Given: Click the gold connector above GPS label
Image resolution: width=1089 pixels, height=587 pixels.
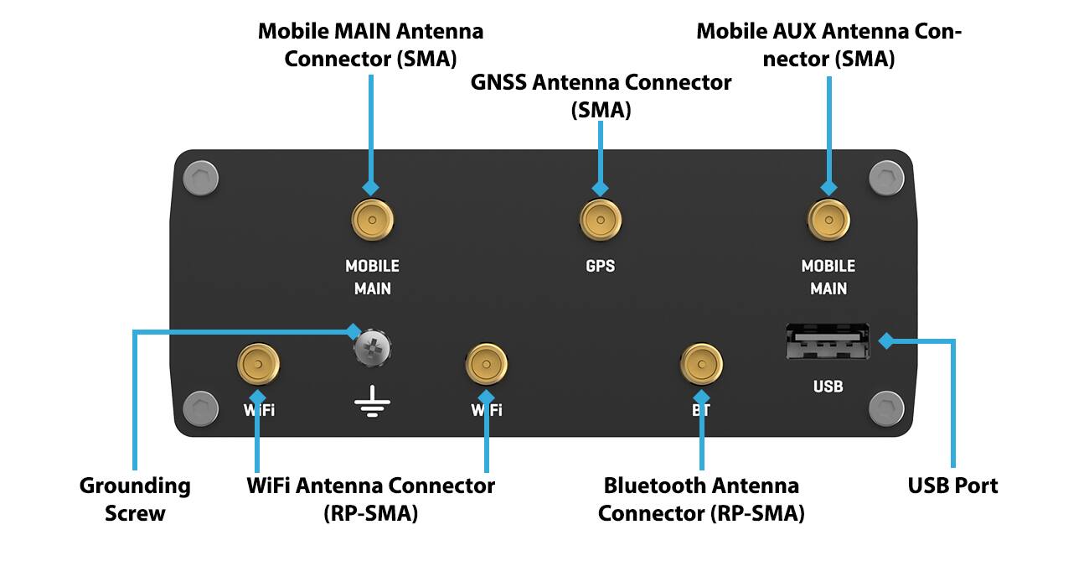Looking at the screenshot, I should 601,221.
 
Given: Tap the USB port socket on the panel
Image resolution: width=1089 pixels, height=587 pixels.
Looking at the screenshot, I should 828,342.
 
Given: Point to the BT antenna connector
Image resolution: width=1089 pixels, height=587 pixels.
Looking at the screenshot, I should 701,365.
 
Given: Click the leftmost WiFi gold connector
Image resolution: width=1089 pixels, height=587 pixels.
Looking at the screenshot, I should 258,365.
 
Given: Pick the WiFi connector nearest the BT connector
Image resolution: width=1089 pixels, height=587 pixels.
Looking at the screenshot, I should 486,365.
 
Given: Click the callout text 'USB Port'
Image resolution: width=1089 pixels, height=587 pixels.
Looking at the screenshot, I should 952,486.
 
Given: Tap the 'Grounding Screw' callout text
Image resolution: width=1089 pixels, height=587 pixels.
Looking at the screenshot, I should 135,499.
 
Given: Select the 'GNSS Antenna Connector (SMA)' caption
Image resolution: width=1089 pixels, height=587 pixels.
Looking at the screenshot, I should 601,96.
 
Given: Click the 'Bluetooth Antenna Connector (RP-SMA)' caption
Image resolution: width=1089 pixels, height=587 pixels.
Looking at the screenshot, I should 701,499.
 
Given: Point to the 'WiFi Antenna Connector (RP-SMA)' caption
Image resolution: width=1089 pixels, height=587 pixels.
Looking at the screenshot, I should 370,499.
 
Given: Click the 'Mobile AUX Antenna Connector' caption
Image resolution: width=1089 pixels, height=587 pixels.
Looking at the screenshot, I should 828,45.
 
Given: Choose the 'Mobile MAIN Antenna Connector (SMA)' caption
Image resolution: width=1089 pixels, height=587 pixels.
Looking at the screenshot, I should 370,45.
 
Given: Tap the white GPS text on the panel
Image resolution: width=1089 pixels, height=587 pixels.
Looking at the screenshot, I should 600,266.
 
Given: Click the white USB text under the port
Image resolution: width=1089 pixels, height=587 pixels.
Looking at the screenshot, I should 828,387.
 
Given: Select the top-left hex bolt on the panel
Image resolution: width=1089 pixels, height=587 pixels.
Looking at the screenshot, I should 200,178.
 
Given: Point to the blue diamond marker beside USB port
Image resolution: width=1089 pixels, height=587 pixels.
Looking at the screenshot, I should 885,340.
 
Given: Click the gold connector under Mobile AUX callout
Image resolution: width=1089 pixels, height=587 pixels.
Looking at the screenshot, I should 828,221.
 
